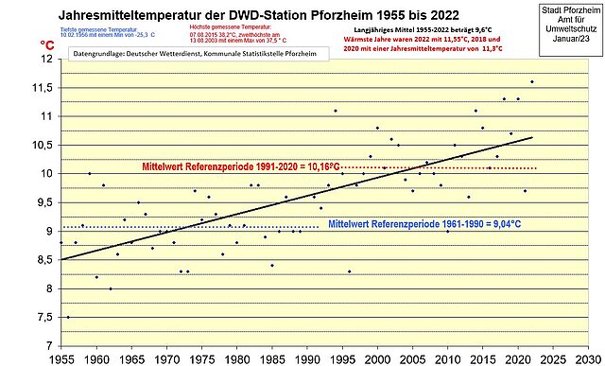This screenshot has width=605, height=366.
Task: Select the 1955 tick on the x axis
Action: [x=61, y=357]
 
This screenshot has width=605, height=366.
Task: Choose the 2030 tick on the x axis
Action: [x=586, y=357]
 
